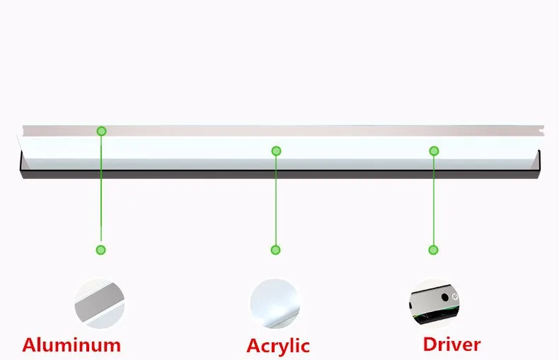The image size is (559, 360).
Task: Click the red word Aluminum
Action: click(71, 345)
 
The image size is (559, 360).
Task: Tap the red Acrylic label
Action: click(278, 346)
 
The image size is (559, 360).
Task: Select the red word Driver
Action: click(451, 344)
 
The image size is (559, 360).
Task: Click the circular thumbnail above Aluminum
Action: click(100, 303)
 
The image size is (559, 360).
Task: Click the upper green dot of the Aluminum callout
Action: click(101, 131)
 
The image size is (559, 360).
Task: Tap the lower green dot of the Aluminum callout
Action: click(101, 250)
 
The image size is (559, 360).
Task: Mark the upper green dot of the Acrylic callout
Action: click(276, 151)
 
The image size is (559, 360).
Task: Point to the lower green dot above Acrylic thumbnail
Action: click(275, 250)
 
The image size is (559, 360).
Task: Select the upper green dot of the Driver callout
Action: click(434, 151)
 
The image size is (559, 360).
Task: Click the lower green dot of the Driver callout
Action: click(433, 250)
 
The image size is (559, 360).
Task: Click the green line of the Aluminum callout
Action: click(101, 191)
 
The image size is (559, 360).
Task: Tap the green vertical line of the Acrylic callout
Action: click(276, 202)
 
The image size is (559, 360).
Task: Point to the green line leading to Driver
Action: click(434, 202)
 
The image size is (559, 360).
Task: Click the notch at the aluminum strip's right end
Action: click(542, 131)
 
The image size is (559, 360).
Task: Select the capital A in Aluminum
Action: click(30, 345)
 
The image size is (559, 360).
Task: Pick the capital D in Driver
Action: click(431, 344)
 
